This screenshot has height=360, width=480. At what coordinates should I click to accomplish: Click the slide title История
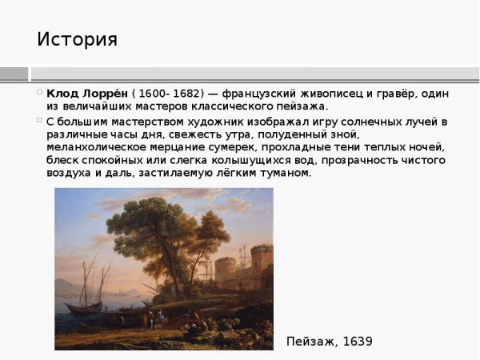tap(77, 39)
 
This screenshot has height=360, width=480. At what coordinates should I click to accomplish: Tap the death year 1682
tap(186, 94)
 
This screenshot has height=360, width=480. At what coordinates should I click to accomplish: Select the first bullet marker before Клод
tap(39, 93)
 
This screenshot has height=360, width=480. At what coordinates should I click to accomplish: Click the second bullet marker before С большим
tap(39, 121)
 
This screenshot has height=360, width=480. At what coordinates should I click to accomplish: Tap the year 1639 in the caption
tap(358, 342)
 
